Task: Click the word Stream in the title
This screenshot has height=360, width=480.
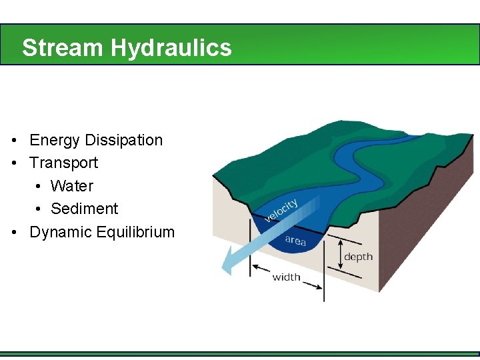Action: point(63,48)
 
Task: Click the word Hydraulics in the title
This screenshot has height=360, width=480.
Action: point(171,48)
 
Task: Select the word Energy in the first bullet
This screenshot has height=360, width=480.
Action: point(52,141)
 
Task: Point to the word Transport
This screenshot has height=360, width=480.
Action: point(64,163)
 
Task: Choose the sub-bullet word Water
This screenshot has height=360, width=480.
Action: point(72,186)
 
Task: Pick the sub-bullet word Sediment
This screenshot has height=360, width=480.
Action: point(84,209)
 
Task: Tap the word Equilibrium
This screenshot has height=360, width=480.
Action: point(135,233)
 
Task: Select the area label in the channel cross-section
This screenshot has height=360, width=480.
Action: point(295,240)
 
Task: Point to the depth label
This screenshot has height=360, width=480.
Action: point(358,257)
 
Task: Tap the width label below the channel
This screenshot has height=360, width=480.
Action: point(286,277)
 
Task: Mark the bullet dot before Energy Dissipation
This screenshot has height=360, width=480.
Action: point(14,141)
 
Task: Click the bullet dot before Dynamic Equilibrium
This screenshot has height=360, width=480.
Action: point(14,233)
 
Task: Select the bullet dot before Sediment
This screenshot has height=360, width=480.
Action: point(39,209)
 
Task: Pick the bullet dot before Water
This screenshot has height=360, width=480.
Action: point(39,187)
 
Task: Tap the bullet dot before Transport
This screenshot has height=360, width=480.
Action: point(14,163)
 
